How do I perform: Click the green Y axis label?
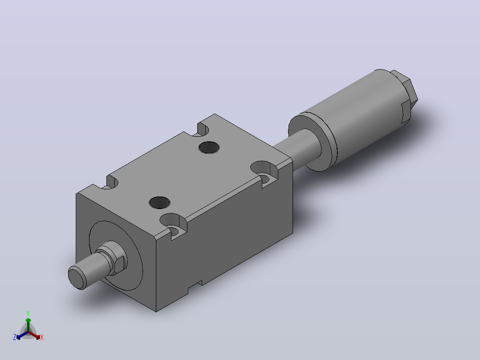[28, 313]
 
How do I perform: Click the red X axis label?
[42, 337]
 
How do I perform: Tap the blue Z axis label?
[15, 337]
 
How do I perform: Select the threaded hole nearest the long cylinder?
[209, 147]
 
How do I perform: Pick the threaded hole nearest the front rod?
[159, 202]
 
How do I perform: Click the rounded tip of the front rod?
[77, 277]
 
